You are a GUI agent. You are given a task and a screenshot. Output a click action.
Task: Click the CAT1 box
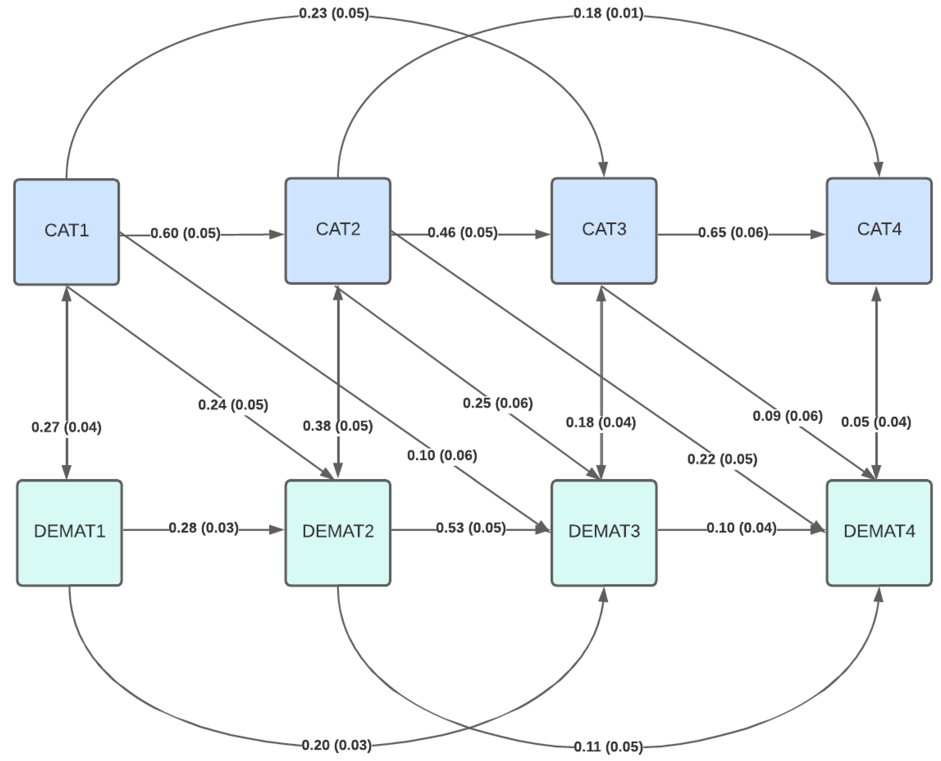point(67,231)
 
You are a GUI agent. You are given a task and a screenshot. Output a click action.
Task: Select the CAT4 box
point(879,230)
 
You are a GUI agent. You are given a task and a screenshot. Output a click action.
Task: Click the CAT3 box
point(603,230)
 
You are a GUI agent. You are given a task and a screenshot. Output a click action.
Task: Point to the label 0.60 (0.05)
point(185,233)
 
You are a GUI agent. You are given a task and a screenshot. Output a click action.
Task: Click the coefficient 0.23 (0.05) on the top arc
point(334,13)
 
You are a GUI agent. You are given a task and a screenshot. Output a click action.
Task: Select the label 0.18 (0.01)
point(608,13)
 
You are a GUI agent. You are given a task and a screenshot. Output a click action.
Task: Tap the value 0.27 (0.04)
point(67,427)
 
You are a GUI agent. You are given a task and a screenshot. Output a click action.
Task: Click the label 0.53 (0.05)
point(471,528)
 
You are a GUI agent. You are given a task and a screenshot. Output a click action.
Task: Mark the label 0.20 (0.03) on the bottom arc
point(337,745)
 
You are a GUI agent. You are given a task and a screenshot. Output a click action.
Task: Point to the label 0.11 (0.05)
point(608,747)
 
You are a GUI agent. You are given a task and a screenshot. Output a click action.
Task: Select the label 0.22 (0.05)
point(722,459)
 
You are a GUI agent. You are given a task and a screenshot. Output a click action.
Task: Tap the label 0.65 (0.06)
point(733,232)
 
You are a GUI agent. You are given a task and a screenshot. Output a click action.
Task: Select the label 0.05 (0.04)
point(876,422)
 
